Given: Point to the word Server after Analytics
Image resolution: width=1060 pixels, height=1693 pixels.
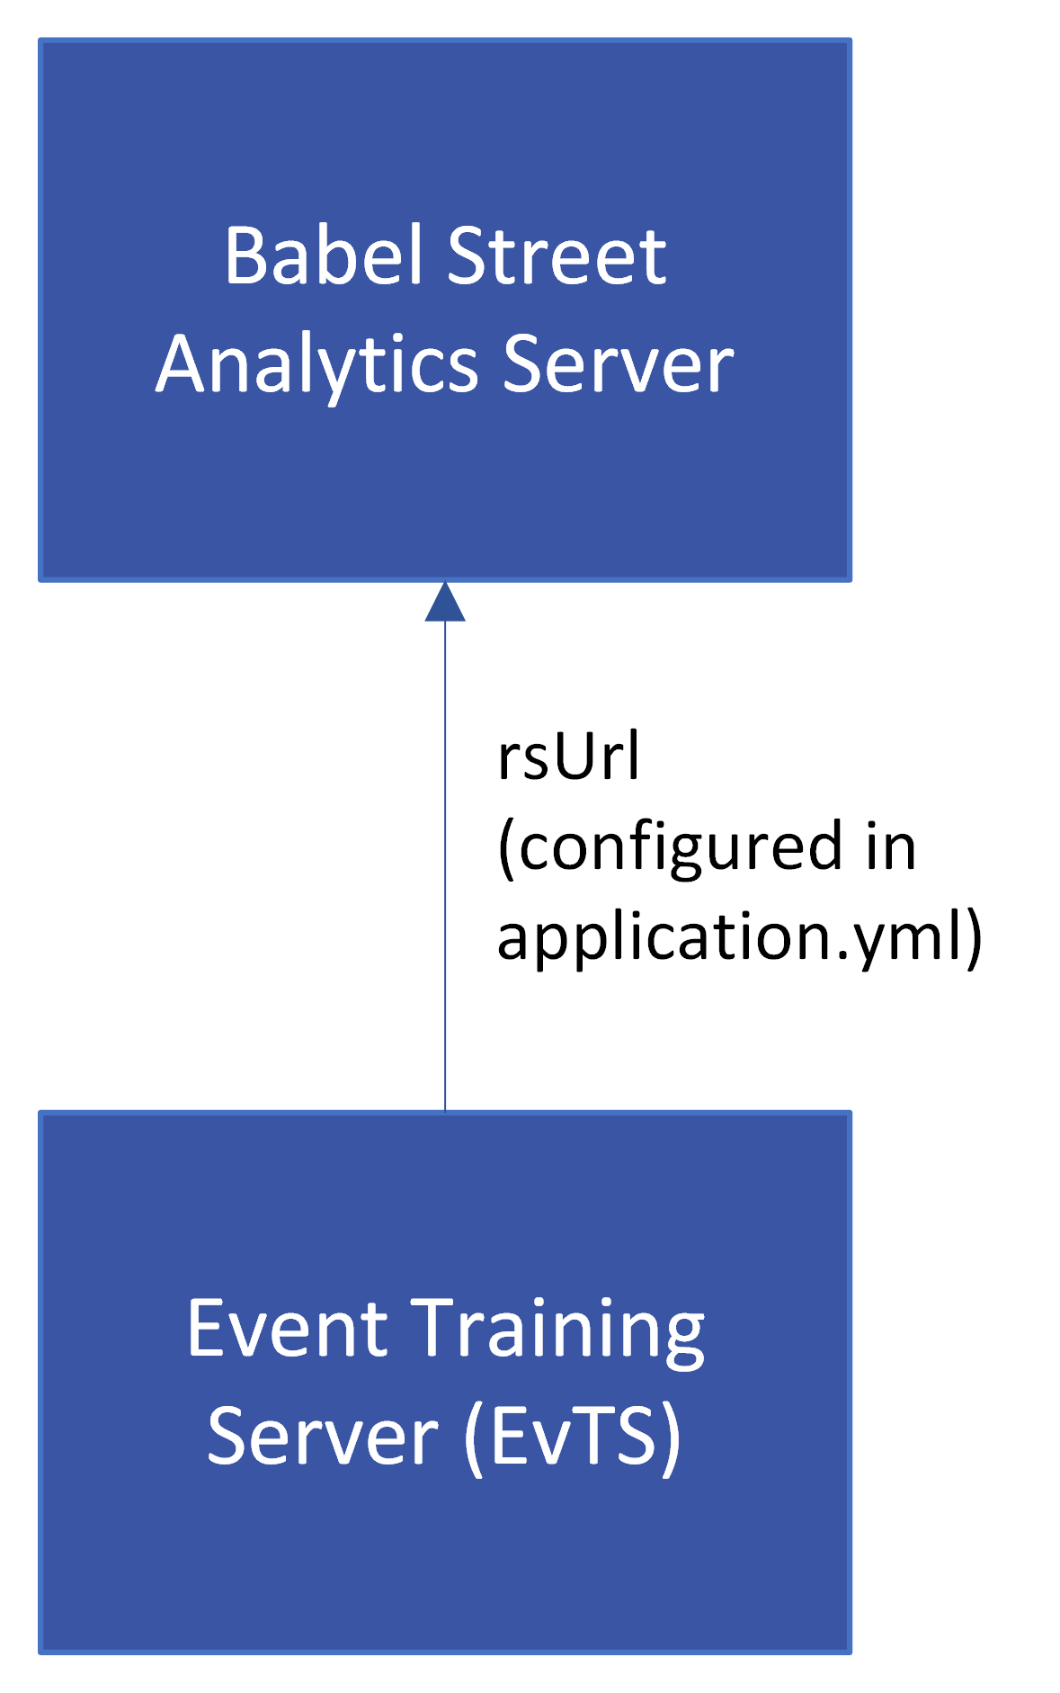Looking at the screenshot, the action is pyautogui.click(x=618, y=363).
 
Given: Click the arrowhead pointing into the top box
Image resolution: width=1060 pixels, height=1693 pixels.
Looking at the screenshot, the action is pyautogui.click(x=445, y=601).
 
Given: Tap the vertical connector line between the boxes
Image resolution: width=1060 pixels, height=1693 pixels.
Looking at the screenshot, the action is pyautogui.click(x=445, y=866).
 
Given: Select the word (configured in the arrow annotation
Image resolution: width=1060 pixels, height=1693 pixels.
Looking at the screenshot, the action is pyautogui.click(x=670, y=847).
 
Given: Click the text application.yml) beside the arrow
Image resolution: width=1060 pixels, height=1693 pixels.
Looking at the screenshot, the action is pyautogui.click(x=740, y=937).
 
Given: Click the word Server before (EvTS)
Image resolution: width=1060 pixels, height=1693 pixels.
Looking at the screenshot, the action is pyautogui.click(x=323, y=1436).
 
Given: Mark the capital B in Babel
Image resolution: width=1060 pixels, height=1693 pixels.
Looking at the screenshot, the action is pyautogui.click(x=246, y=255).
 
